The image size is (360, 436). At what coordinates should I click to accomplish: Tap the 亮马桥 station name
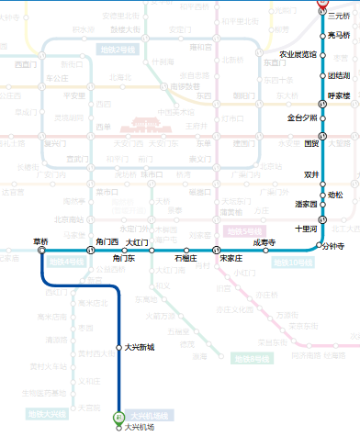point(339,35)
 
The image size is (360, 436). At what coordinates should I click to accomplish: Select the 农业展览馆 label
point(298,54)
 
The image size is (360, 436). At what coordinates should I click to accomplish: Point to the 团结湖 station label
point(339,75)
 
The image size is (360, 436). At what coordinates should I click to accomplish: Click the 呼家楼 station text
point(339,95)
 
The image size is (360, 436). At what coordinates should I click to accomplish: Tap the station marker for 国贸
point(322,141)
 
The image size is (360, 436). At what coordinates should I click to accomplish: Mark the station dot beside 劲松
point(322,194)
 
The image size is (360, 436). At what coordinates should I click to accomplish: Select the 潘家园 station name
point(305,204)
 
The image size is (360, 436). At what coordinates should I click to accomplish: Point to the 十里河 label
point(305,228)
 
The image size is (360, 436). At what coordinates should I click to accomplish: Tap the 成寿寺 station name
point(264,242)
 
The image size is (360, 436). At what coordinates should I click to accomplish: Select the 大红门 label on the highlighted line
point(137,242)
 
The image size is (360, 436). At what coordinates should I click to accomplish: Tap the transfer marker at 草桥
point(42,250)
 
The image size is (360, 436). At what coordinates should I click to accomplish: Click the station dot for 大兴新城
point(118,346)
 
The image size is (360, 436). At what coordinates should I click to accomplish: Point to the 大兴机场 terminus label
point(140,427)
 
